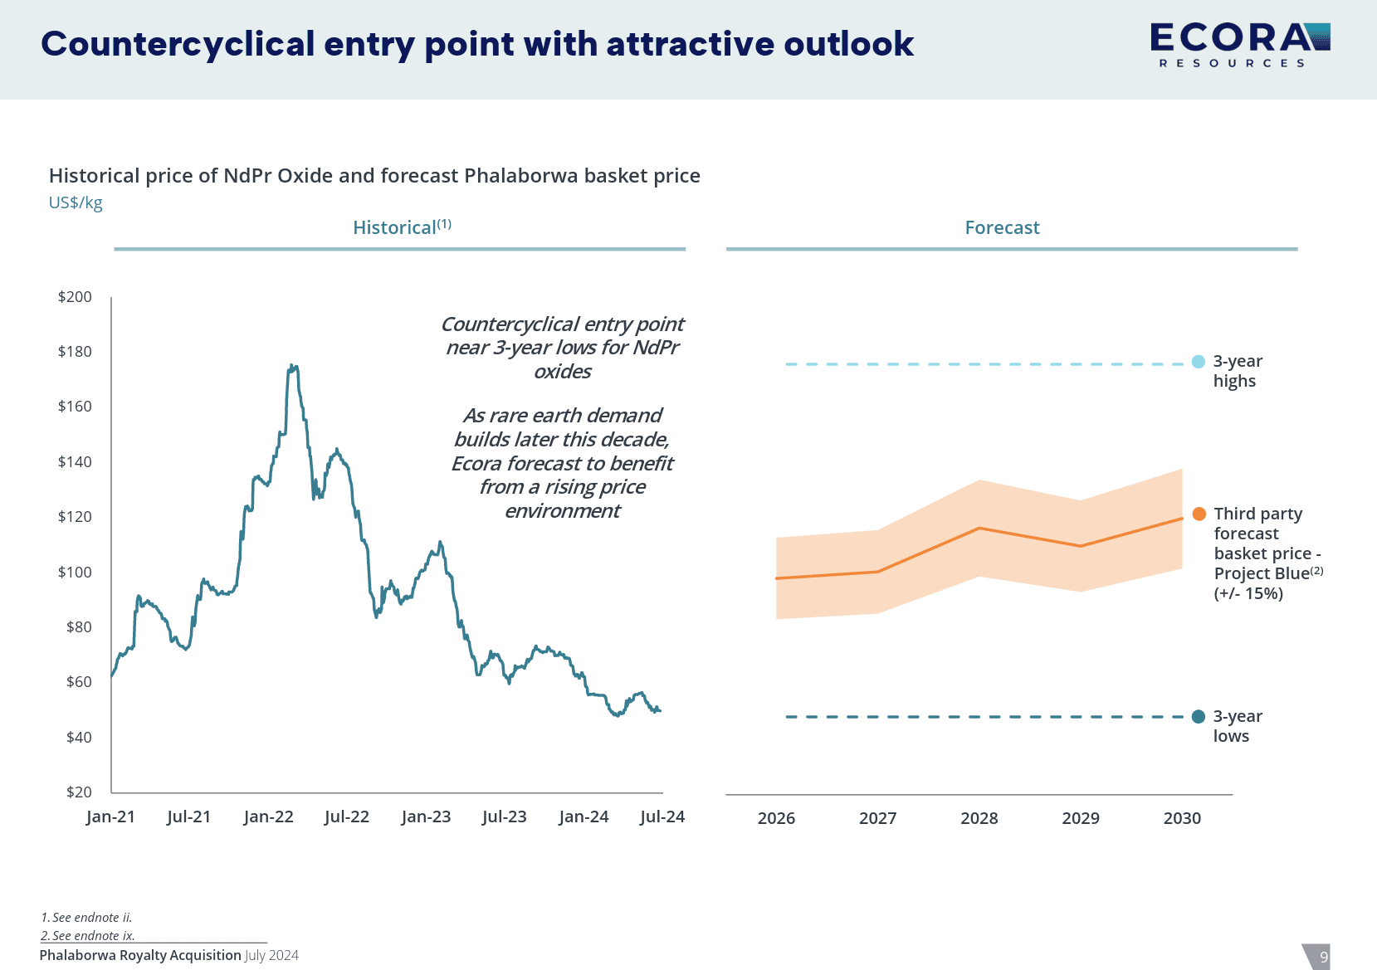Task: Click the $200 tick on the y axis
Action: tap(75, 297)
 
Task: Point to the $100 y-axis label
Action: tap(75, 573)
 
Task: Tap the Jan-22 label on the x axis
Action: tap(268, 817)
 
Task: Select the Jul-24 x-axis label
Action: tap(662, 817)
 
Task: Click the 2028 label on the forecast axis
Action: tap(979, 819)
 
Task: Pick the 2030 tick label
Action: tap(1182, 819)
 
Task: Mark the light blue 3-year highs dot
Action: tap(1198, 362)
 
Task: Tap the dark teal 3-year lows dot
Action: tap(1198, 717)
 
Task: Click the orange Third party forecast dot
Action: tap(1199, 514)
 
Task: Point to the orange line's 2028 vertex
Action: tap(979, 528)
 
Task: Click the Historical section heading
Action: tap(402, 228)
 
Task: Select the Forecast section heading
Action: tap(1002, 228)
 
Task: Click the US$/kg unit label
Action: tap(76, 203)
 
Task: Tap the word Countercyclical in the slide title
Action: tap(178, 44)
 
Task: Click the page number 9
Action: tap(1324, 957)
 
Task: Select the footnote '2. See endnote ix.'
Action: tap(88, 936)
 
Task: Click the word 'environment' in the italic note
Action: tap(562, 511)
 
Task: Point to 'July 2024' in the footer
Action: tap(271, 956)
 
